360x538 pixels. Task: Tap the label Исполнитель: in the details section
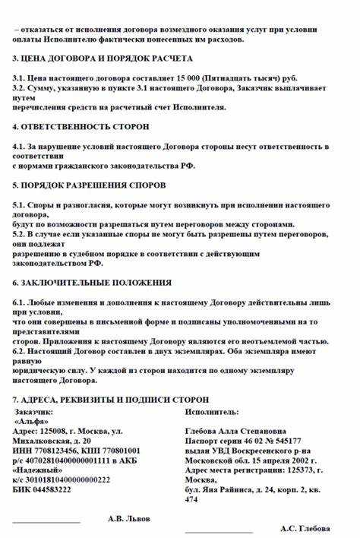coord(211,411)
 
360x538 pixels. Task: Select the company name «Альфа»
coord(33,420)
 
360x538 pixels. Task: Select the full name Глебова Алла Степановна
coord(235,430)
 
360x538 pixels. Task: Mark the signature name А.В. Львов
coord(129,518)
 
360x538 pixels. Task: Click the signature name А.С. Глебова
coord(305,528)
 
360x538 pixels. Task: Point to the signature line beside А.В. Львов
coord(46,522)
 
